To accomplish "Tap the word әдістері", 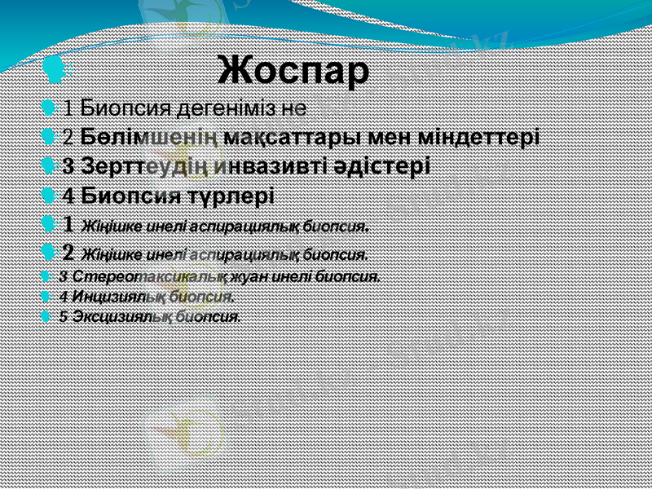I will [x=383, y=166].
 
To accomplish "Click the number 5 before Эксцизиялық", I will [x=64, y=316].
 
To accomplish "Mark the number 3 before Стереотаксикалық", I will [x=64, y=276].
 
